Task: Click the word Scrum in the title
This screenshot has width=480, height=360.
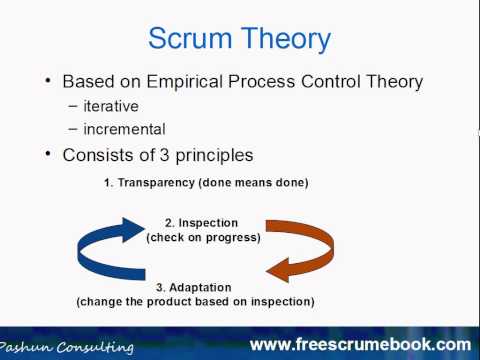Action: [191, 39]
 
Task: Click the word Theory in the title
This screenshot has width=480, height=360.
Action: [283, 39]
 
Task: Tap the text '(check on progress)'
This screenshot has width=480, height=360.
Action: [204, 238]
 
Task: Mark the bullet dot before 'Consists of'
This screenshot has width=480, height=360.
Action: [48, 156]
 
